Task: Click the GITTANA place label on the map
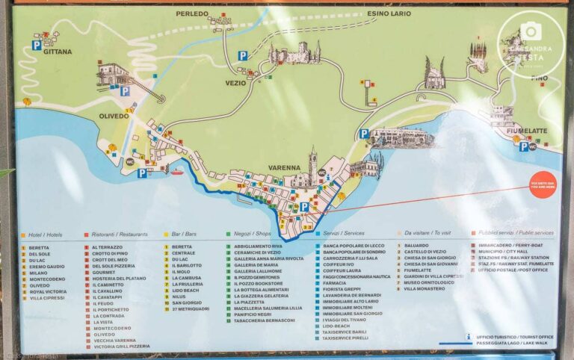coord(58,52)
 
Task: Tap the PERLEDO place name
coord(193,14)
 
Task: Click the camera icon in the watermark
coord(531,31)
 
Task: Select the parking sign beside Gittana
coord(36,46)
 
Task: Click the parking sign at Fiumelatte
coord(524,146)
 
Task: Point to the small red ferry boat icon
coord(177,171)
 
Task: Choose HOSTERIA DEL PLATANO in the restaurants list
coord(119,278)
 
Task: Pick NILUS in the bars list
coord(179,297)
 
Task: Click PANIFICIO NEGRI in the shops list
coord(252,314)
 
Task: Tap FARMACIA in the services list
coord(335,283)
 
